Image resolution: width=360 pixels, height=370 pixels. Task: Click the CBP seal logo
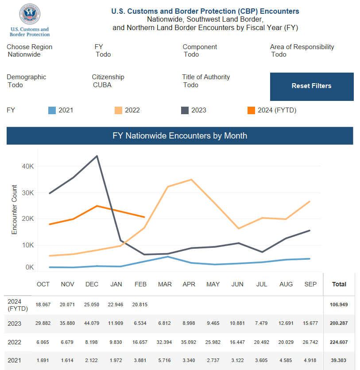pos(30,14)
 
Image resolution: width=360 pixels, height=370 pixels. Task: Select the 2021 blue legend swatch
pos(52,111)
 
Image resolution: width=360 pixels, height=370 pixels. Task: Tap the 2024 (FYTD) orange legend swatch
pos(251,111)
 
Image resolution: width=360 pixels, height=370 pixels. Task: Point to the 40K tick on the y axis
pos(28,166)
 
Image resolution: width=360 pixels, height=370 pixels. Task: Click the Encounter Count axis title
pos(15,209)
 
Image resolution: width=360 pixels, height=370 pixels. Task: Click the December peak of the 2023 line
pos(97,156)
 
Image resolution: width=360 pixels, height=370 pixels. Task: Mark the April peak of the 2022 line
pos(191,180)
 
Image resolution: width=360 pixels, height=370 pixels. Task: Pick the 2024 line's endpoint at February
pos(144,217)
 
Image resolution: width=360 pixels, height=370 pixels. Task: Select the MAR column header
pos(165,284)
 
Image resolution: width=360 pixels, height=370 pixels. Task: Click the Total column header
pos(339,284)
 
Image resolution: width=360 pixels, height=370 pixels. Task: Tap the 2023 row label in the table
pos(15,324)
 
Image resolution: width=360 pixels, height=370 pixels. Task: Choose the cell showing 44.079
pos(92,323)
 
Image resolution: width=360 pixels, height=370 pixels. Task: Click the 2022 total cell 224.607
pos(339,342)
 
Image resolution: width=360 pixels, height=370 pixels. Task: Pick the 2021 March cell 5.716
pos(164,361)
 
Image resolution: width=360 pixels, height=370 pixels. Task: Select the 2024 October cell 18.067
pos(43,304)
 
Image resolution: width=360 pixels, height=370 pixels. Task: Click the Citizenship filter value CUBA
pos(102,85)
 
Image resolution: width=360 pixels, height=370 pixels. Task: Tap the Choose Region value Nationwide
pos(24,54)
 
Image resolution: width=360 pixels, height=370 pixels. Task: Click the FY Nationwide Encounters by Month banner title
pos(180,136)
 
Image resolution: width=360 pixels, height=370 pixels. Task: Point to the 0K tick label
pos(30,267)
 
